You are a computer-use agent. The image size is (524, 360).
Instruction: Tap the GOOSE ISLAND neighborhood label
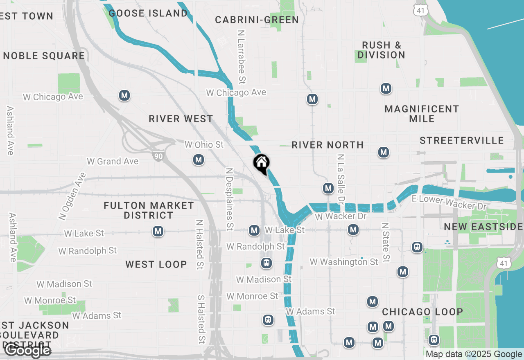tap(148, 13)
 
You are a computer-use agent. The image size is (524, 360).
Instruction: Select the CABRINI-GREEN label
tap(257, 20)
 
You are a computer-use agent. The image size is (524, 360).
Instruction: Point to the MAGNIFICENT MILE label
tap(422, 114)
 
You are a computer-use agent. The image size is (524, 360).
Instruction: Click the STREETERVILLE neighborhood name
tap(462, 140)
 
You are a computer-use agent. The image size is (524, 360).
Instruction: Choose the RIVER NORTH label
tap(327, 145)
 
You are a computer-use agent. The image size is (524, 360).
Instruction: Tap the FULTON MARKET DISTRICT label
tap(149, 210)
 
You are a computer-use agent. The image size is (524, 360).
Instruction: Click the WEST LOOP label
tap(156, 264)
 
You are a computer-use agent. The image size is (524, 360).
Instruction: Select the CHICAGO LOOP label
tap(422, 312)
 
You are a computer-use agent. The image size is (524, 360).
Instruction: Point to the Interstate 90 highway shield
tap(158, 155)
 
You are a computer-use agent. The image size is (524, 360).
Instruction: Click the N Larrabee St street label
tap(242, 57)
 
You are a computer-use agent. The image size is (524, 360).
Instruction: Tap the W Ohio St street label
tap(204, 144)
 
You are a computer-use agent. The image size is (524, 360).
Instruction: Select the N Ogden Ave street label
tap(72, 196)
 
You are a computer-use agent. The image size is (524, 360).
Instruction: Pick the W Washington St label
tap(344, 261)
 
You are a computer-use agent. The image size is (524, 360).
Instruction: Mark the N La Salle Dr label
tap(341, 179)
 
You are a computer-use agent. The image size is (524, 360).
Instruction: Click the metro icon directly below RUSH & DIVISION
tap(386, 88)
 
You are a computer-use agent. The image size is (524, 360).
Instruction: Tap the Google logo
tap(27, 351)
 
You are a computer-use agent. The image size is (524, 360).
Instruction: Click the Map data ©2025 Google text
tap(474, 354)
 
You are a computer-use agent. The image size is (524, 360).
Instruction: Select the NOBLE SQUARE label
tap(44, 56)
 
